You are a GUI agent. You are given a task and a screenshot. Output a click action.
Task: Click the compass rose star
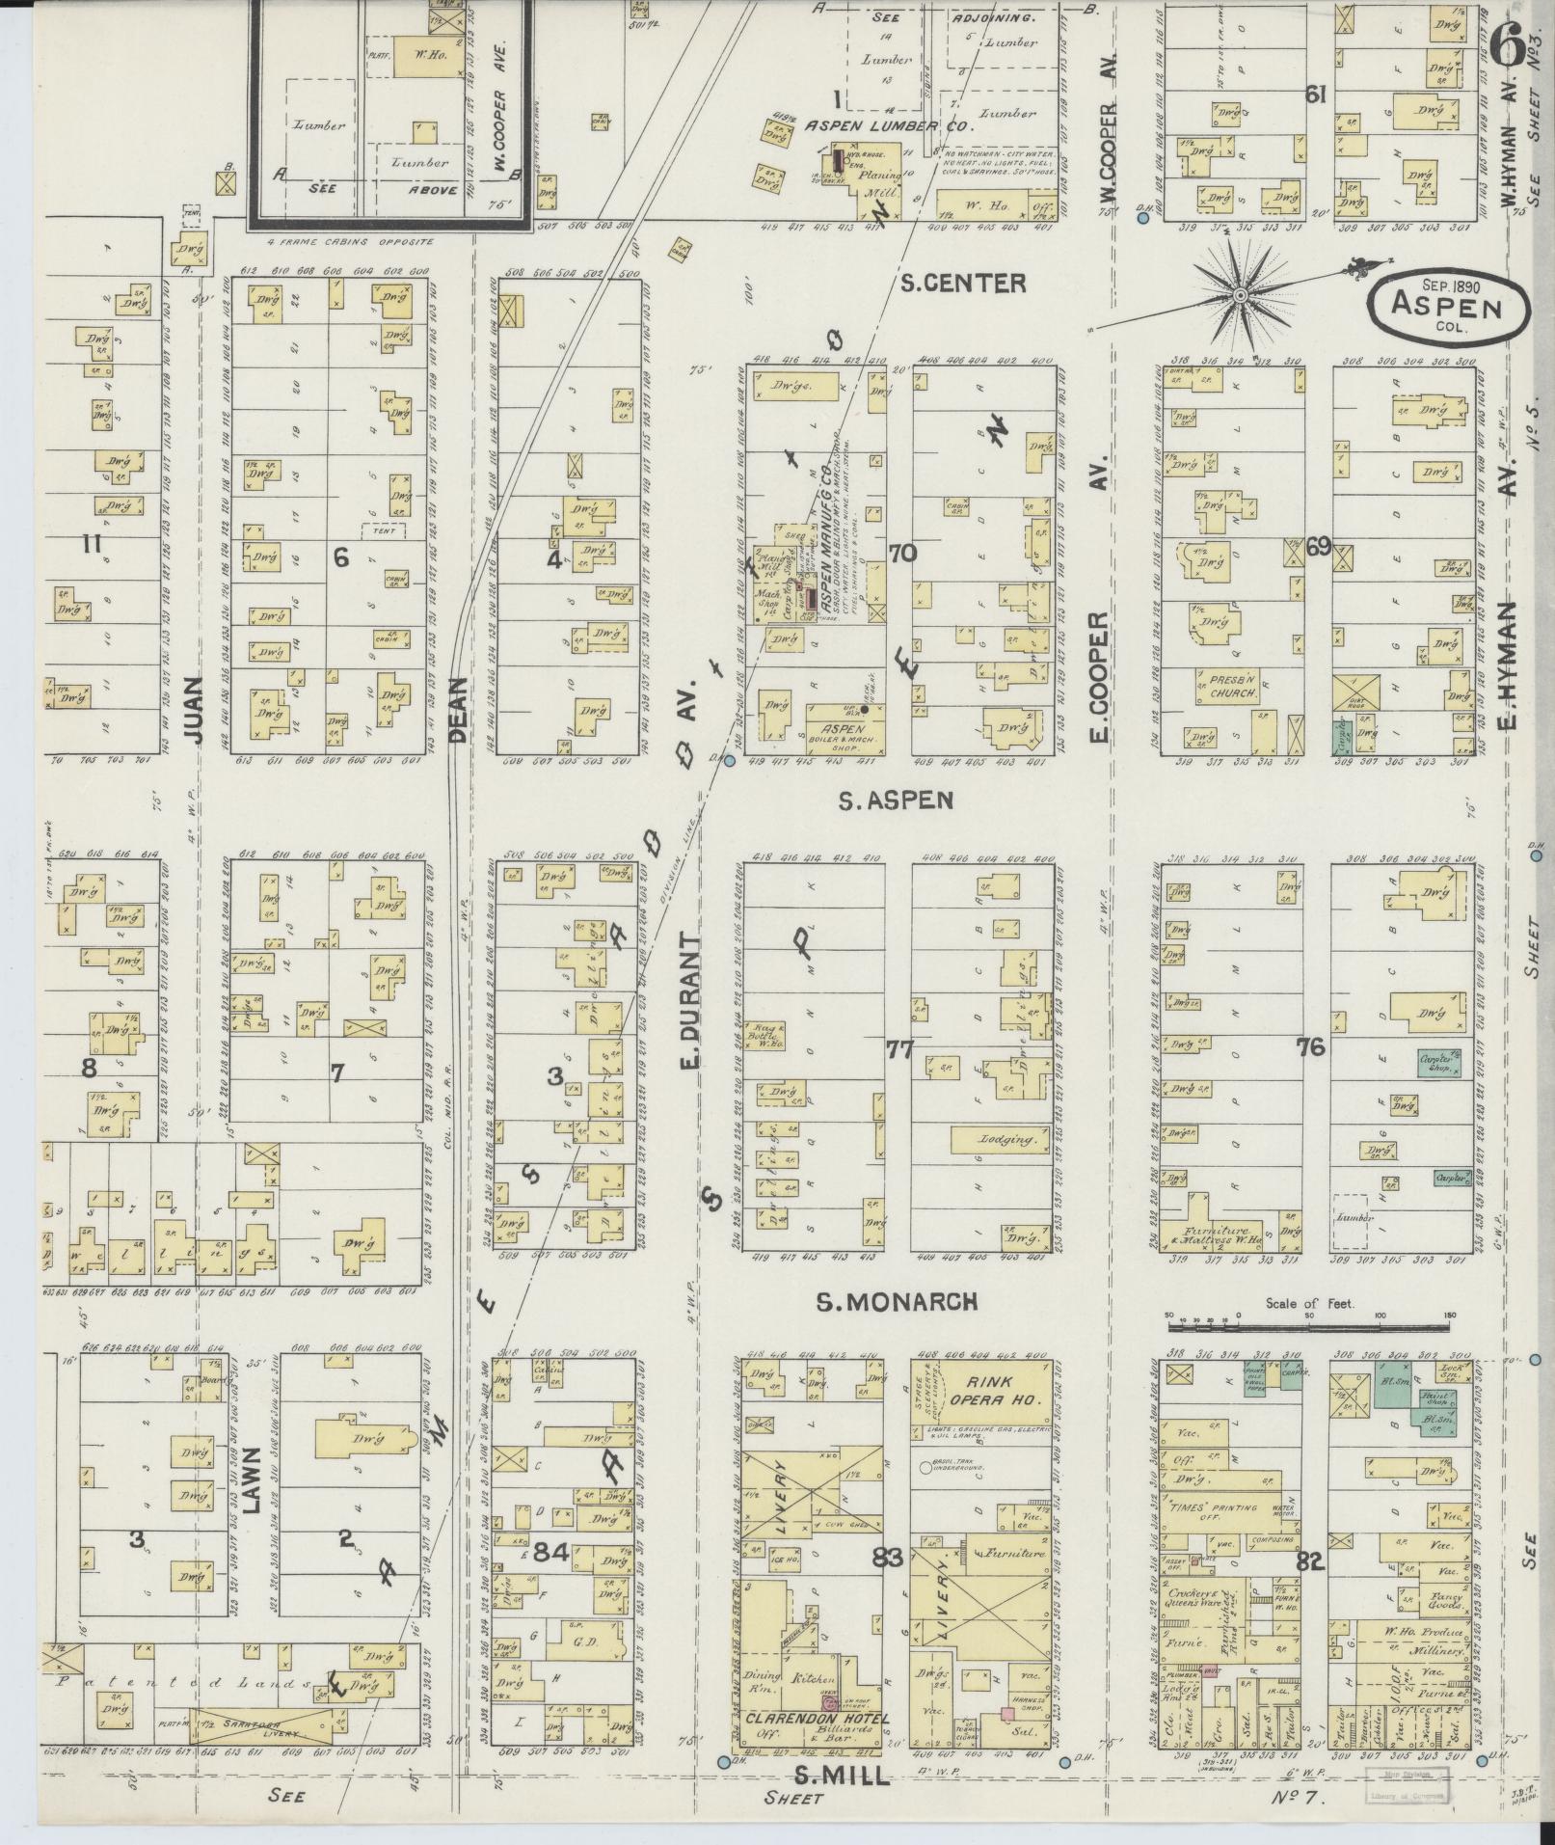click(1241, 294)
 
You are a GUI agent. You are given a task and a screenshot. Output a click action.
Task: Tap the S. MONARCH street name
click(897, 1301)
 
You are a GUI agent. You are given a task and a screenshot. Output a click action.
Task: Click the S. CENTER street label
click(949, 283)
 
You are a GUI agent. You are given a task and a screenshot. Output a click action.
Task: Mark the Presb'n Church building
click(1227, 686)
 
